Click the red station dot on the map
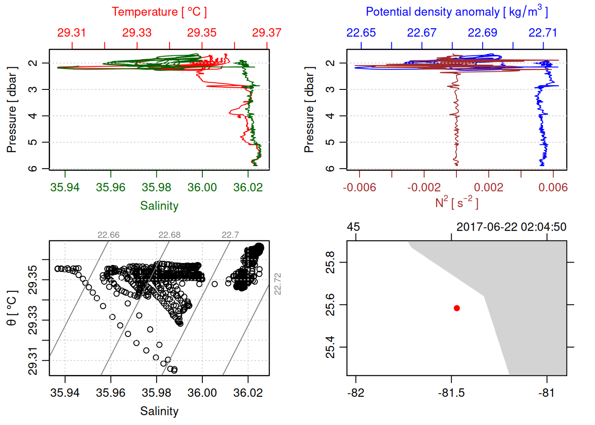point(456,308)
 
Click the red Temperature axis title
point(159,12)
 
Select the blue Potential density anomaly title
point(456,12)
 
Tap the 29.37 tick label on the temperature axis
point(267,33)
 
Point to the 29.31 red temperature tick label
point(72,33)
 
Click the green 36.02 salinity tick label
point(248,187)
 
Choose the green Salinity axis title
point(159,206)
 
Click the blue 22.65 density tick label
point(361,33)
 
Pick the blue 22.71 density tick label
point(543,33)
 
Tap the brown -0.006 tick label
point(359,187)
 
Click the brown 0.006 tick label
point(553,187)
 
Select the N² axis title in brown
point(456,203)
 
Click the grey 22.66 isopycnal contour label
point(108,235)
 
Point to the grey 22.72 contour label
point(278,284)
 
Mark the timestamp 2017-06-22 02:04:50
point(511,227)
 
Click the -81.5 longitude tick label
point(451,393)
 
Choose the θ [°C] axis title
point(12,308)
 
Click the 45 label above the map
point(353,227)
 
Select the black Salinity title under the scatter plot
point(159,411)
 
